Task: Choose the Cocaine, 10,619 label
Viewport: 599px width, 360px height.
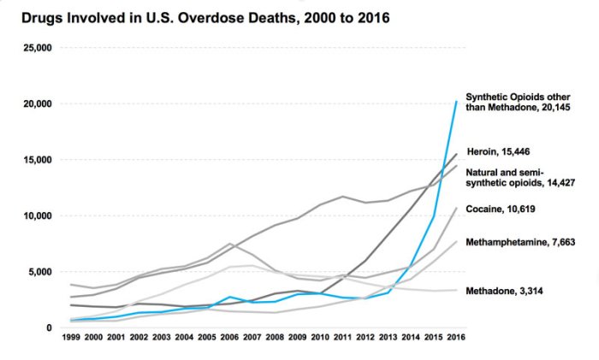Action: pyautogui.click(x=506, y=208)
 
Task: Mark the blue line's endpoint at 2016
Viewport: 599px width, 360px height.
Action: pyautogui.click(x=456, y=102)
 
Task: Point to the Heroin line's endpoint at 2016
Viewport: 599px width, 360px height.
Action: pyautogui.click(x=456, y=155)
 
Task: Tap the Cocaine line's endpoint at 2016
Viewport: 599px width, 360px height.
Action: pyautogui.click(x=456, y=209)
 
